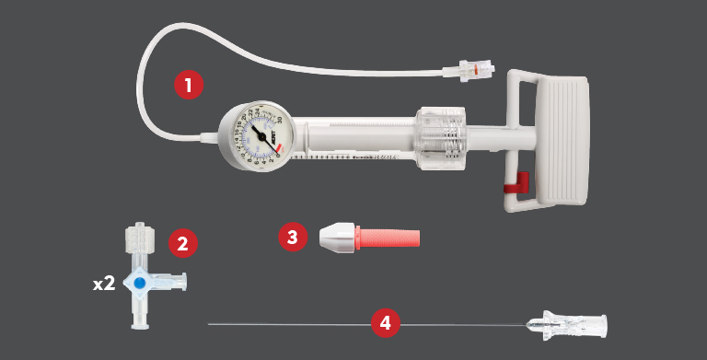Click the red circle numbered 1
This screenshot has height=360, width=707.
click(x=189, y=86)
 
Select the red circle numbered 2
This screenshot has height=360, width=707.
click(x=182, y=244)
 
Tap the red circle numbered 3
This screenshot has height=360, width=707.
click(x=293, y=237)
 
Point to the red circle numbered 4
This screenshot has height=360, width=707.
click(x=386, y=323)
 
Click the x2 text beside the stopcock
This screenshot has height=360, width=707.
click(x=104, y=284)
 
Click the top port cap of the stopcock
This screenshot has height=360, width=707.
click(x=139, y=235)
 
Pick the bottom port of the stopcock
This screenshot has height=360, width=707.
click(x=139, y=319)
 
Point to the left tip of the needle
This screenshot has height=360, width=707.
click(x=211, y=323)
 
